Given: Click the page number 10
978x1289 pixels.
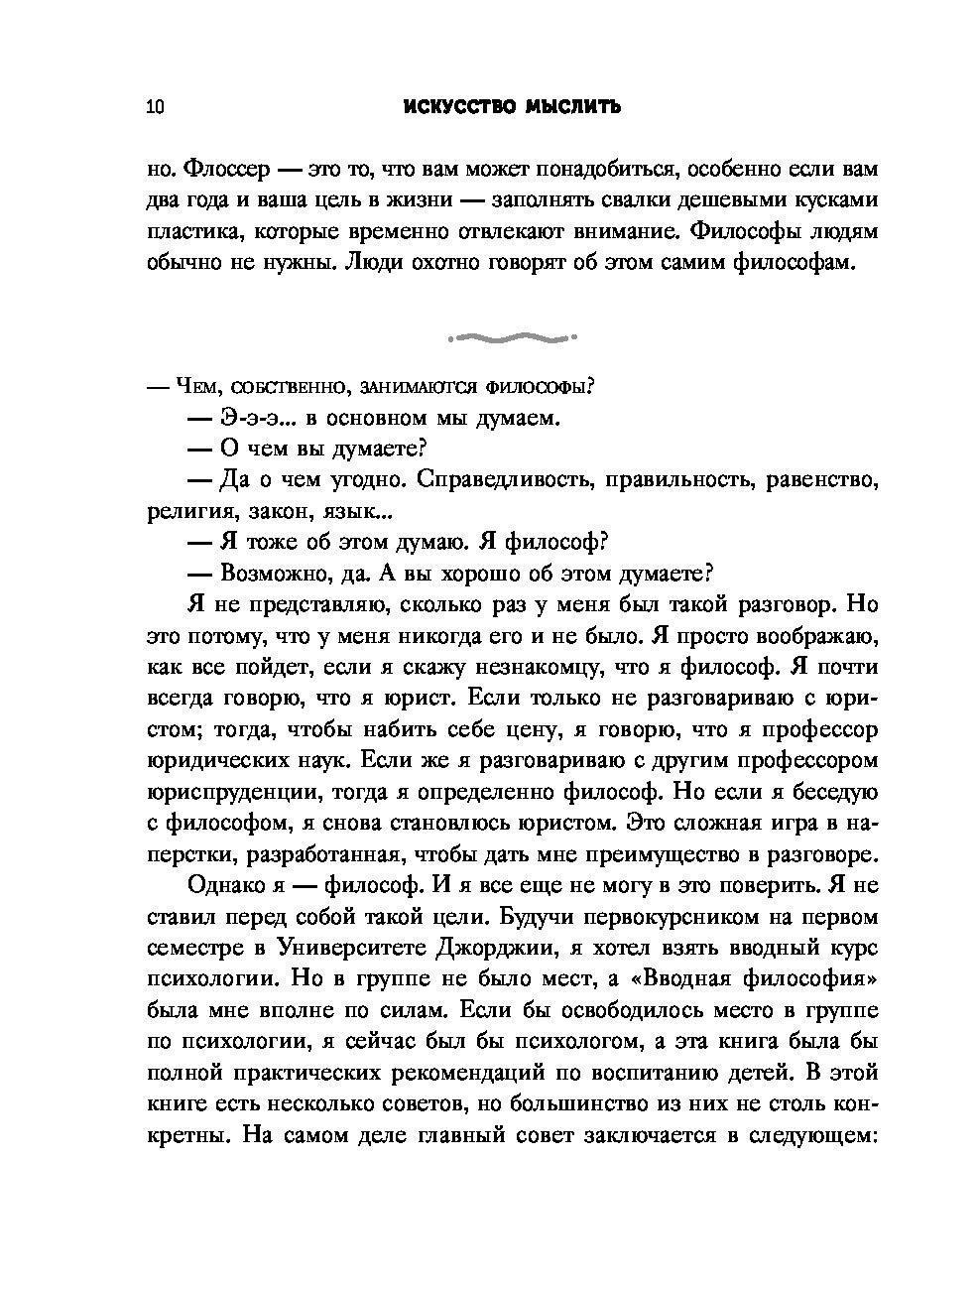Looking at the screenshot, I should pos(155,107).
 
